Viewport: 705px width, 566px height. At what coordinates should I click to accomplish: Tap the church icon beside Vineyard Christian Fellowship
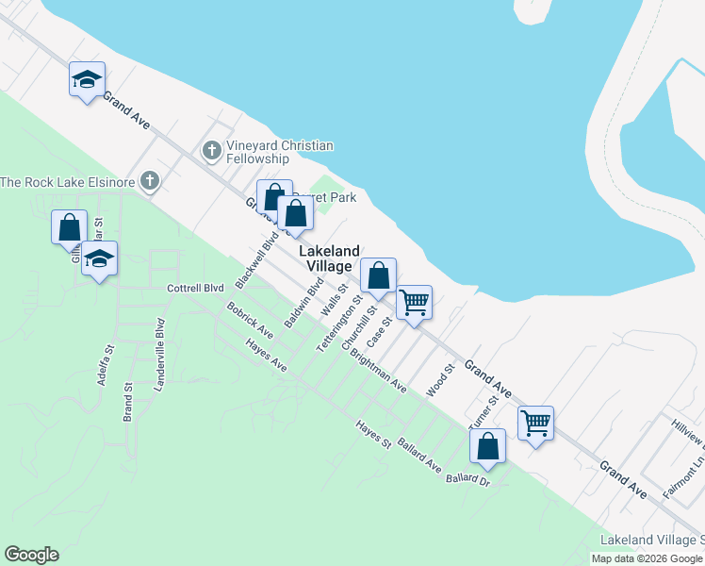coord(212,149)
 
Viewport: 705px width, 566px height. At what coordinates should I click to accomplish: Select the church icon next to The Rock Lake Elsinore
coord(149,180)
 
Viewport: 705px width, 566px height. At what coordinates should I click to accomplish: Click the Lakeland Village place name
coord(330,258)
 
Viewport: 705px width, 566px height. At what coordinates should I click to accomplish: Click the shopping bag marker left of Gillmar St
coord(69,228)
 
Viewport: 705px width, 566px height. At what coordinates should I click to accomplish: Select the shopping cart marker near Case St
coord(414,303)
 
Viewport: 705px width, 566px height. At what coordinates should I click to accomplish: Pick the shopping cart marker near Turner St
coord(535,424)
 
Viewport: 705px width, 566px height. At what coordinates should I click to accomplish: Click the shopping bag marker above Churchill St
coord(378,275)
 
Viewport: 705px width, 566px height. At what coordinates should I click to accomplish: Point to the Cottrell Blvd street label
coord(195,288)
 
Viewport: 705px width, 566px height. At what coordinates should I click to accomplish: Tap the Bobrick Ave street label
coord(250,321)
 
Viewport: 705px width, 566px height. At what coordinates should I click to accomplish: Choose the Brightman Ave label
coord(378,373)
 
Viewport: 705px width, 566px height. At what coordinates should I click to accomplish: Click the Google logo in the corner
coord(31,555)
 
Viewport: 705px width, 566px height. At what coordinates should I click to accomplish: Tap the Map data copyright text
coord(647,558)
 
